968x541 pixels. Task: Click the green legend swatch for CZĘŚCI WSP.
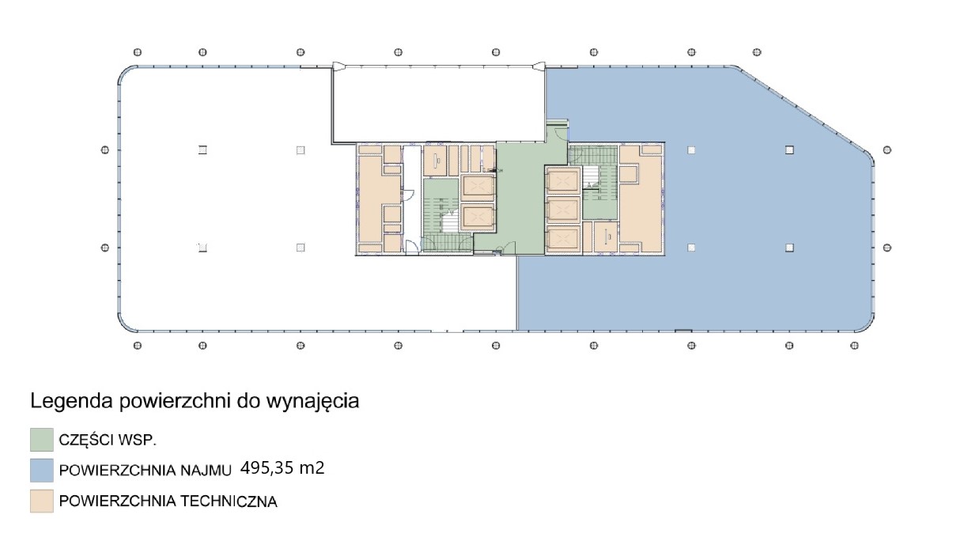(42, 440)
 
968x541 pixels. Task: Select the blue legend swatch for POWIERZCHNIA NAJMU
(42, 470)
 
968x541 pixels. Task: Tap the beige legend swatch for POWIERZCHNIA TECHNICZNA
(42, 501)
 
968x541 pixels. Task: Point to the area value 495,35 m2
(282, 468)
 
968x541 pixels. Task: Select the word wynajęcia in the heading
(312, 402)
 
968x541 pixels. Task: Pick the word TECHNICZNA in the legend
(229, 501)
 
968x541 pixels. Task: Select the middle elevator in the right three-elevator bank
(562, 210)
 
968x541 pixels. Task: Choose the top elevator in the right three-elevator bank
(562, 180)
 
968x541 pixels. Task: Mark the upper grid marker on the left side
(104, 150)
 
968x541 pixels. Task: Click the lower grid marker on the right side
(887, 248)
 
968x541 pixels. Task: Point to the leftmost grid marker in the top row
(138, 52)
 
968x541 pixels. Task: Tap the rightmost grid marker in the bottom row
(854, 346)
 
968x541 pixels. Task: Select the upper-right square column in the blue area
(789, 150)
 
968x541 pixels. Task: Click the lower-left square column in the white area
(202, 248)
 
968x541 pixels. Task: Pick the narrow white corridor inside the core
(412, 199)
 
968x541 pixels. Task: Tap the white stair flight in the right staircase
(590, 177)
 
